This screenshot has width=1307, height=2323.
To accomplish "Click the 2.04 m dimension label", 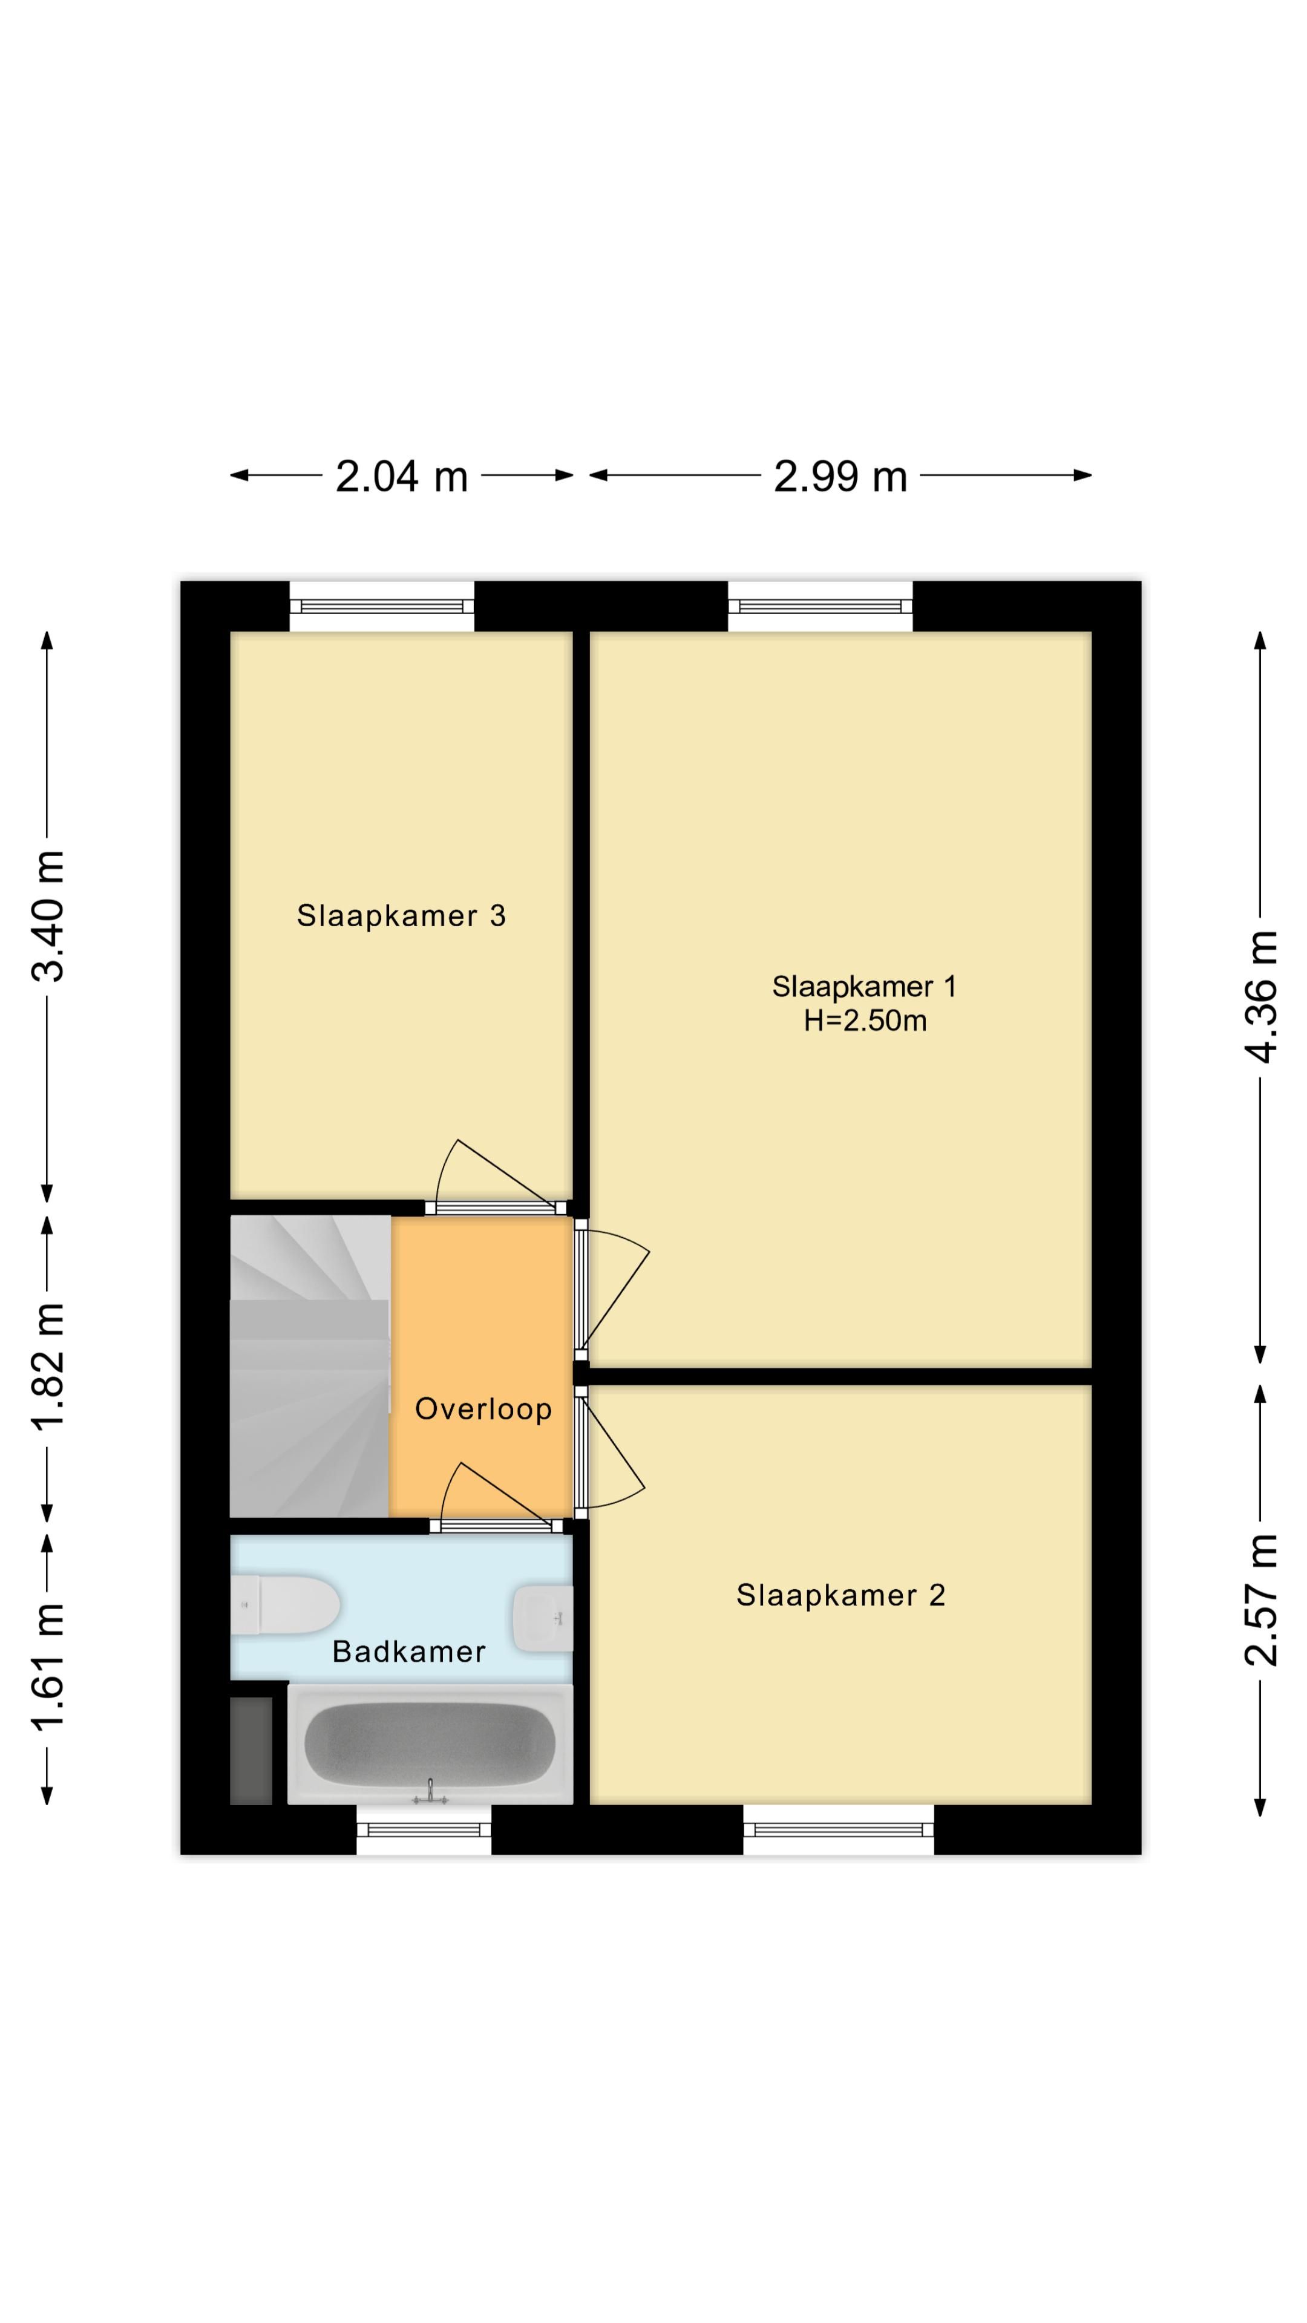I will coord(401,476).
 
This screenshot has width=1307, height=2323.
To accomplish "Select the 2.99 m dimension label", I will coord(840,476).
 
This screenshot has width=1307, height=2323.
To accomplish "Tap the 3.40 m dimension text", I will coord(48,915).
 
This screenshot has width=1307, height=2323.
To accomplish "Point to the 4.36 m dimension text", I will coord(1262,996).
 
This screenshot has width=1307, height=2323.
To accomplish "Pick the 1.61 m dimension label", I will coord(48,1668).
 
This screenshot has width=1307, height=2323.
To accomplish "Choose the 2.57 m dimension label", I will coord(1262,1598).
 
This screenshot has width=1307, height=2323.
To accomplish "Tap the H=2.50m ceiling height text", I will coord(865,1021).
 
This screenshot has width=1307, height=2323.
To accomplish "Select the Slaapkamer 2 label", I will coord(840,1595).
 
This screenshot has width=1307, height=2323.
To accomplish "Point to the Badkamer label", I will coord(408,1651).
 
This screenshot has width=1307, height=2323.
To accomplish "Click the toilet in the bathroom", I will coord(287,1604).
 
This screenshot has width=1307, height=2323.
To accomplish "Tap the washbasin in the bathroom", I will coord(543,1618).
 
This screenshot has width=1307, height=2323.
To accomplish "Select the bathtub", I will coord(430,1744).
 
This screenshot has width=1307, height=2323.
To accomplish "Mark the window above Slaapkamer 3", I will coord(382,606).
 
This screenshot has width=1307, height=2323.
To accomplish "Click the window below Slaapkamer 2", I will coord(838,1829).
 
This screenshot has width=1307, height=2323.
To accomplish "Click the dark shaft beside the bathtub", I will coord(251,1750).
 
